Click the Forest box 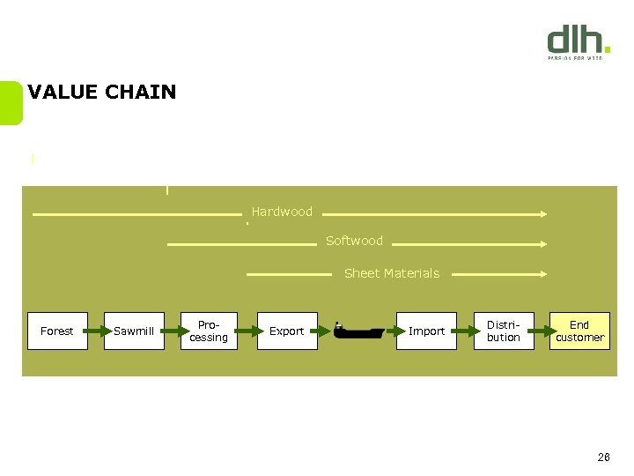pos(57,331)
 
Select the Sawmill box pos(134,331)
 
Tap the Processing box pos(209,331)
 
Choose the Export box pos(286,331)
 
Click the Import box pos(426,331)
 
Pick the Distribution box pos(504,331)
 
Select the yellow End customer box pos(579,331)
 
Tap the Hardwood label pos(282,212)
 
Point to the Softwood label pos(354,241)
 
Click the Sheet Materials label pos(391,273)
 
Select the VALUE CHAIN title pos(102,92)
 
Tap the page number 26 pos(603,457)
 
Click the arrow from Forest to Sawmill pos(96,331)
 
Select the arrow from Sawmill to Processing pos(173,331)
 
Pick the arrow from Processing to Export pos(248,331)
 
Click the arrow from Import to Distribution pos(466,331)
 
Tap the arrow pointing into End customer pos(542,331)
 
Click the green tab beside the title pos(11,103)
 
